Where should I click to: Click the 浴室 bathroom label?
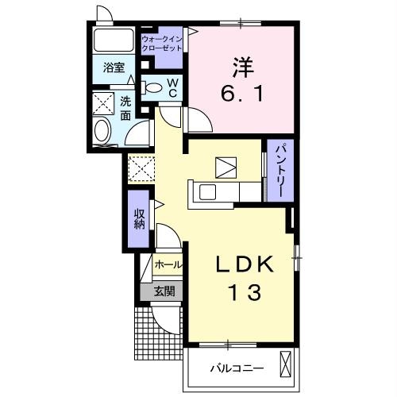point(114,67)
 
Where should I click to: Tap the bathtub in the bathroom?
point(114,40)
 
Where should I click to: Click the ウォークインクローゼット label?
point(162,44)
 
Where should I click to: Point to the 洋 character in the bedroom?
point(243,67)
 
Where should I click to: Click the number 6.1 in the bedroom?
point(242,94)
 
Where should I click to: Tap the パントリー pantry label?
point(280,170)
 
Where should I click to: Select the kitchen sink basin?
point(207,192)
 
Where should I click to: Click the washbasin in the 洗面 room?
point(102,131)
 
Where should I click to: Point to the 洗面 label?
point(125,109)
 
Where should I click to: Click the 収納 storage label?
point(139,218)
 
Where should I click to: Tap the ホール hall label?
point(168,264)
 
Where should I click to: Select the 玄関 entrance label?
point(164,291)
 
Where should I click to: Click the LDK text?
point(245,264)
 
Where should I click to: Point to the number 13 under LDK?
point(245,292)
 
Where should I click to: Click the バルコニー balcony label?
point(237,368)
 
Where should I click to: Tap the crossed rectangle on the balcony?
point(285,364)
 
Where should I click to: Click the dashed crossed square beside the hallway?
point(141,169)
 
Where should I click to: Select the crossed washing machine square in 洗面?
point(103,103)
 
